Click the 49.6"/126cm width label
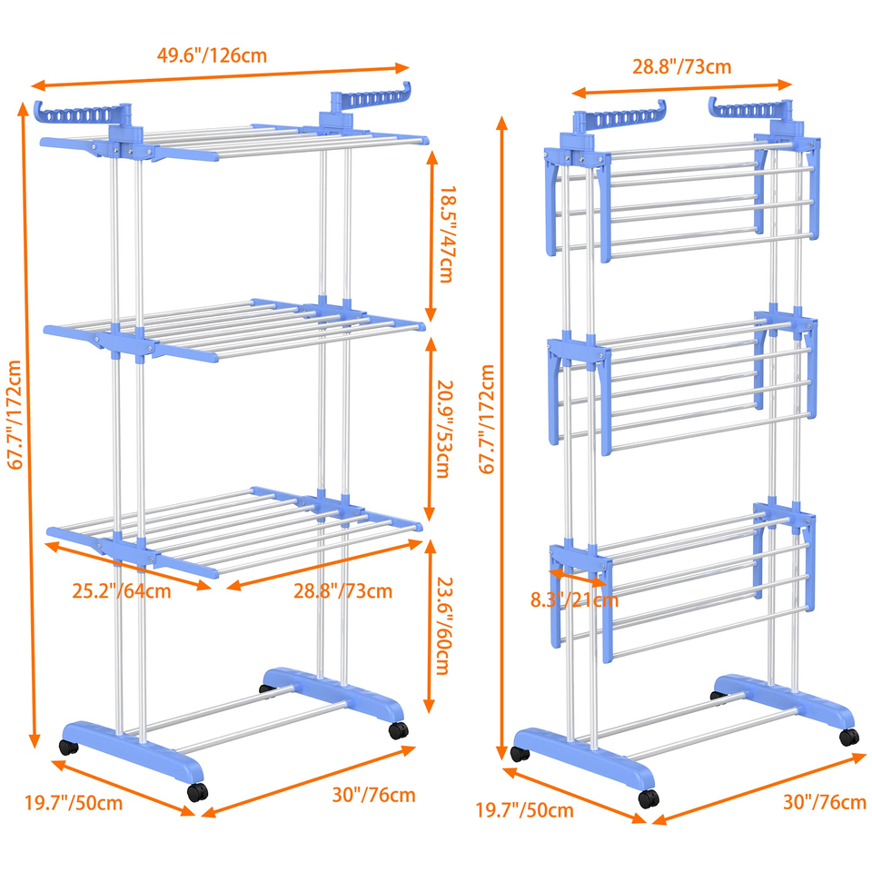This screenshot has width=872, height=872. [x=212, y=55]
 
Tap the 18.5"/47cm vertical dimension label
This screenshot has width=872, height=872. [x=448, y=234]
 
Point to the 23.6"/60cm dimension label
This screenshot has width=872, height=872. [x=444, y=626]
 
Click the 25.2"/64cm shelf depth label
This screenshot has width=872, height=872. [x=121, y=590]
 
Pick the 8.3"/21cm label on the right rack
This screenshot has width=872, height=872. [x=574, y=600]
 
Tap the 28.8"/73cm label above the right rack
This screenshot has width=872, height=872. [x=682, y=66]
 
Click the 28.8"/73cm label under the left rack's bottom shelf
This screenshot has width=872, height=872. [x=342, y=590]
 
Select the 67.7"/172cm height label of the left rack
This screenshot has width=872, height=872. [x=15, y=415]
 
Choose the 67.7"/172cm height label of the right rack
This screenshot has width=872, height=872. [x=487, y=419]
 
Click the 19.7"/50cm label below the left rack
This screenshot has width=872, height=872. [x=74, y=803]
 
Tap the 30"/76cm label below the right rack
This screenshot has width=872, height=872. [x=825, y=802]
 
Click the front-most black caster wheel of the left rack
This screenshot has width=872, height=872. [x=197, y=792]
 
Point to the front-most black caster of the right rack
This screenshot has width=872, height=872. [x=649, y=798]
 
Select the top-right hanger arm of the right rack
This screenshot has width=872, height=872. [x=749, y=109]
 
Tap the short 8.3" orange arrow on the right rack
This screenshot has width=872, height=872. [x=578, y=578]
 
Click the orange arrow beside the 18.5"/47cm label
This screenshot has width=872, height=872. [x=431, y=236]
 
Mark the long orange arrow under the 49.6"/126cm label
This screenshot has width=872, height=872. [x=220, y=76]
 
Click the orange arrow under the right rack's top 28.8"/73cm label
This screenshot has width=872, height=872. [x=682, y=88]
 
